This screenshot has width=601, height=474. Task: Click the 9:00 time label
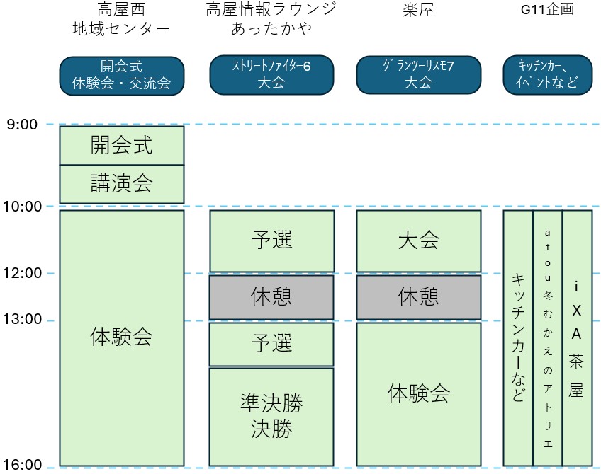[x=21, y=125]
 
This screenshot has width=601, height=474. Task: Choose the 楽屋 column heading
[x=418, y=10]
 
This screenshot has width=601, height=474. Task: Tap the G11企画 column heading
[x=546, y=10]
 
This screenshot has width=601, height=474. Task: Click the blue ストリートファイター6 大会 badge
[x=271, y=74]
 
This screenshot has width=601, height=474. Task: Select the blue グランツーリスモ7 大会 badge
[x=418, y=74]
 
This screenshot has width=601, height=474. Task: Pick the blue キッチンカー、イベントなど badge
[x=546, y=74]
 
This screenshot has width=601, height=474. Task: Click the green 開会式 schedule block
[x=121, y=145]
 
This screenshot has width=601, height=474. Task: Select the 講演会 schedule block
[x=121, y=184]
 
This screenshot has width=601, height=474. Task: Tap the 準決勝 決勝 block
[x=271, y=416]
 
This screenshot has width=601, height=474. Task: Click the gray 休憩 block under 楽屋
[x=418, y=296]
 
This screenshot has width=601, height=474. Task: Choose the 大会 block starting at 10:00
[x=418, y=241]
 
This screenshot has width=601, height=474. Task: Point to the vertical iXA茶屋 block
[x=577, y=337]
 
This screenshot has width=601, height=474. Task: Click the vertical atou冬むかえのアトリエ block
[x=547, y=337]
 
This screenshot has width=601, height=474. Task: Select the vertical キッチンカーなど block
[x=517, y=337]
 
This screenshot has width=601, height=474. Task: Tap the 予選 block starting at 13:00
[x=271, y=343]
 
